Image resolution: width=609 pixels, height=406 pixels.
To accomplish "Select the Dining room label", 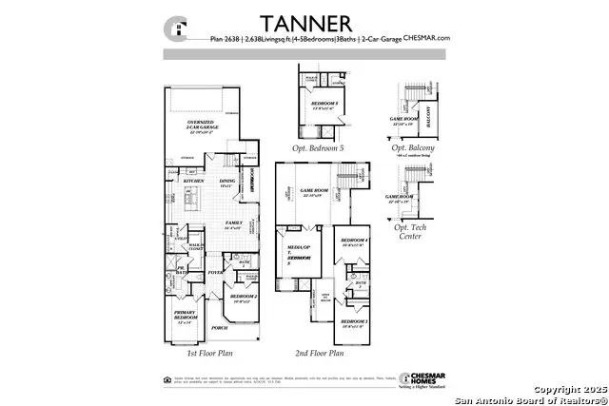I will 226,183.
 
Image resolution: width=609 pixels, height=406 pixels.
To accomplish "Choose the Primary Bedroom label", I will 185,316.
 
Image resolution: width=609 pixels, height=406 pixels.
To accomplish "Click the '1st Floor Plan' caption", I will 210,353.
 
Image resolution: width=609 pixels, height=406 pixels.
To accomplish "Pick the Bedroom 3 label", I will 354,323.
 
